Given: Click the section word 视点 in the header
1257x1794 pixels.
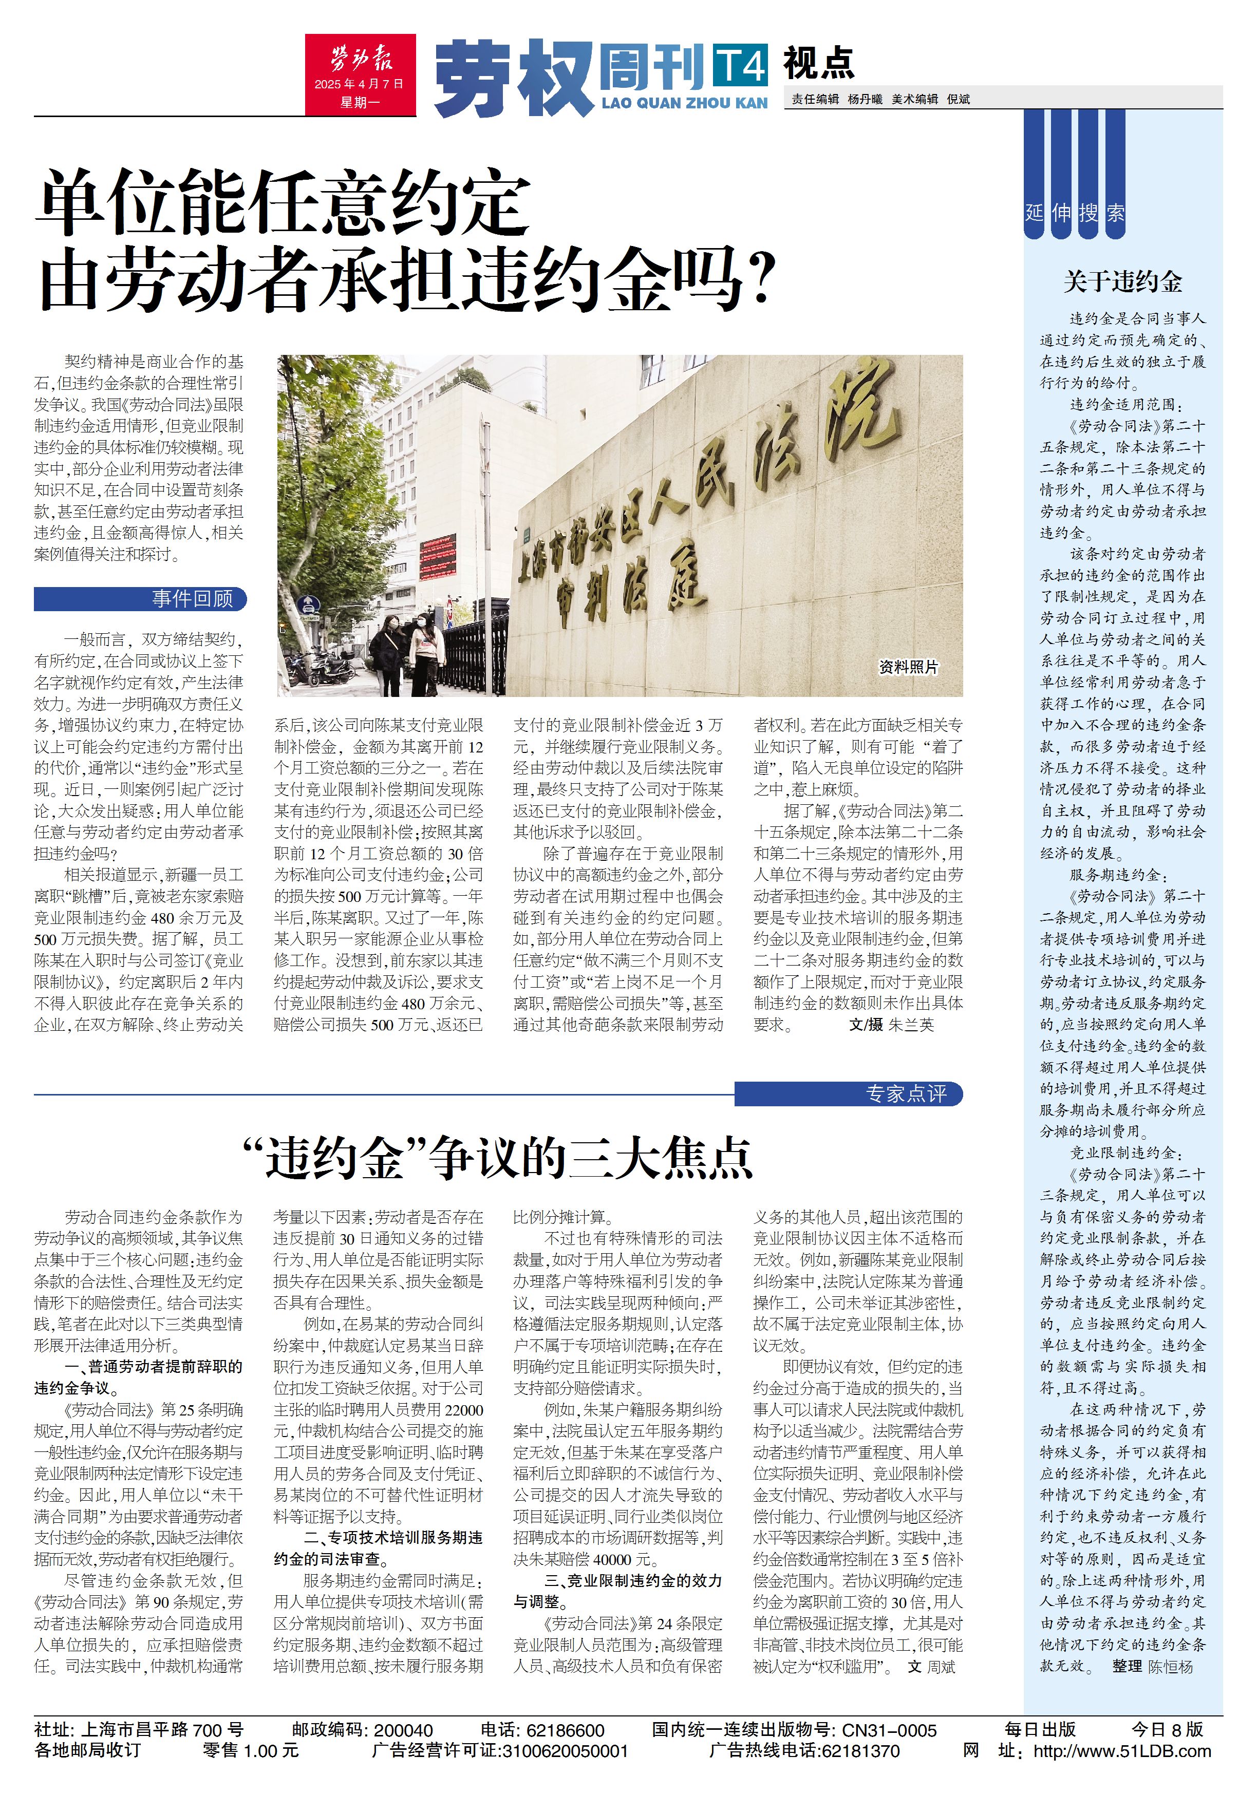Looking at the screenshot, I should pos(818,63).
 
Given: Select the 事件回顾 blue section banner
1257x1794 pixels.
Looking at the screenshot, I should pos(141,598).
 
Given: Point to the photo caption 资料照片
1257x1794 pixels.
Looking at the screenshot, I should pos(908,667).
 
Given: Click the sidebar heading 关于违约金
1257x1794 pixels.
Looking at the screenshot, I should pos(1122,282).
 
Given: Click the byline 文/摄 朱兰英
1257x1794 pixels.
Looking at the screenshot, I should pos(891,1024).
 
